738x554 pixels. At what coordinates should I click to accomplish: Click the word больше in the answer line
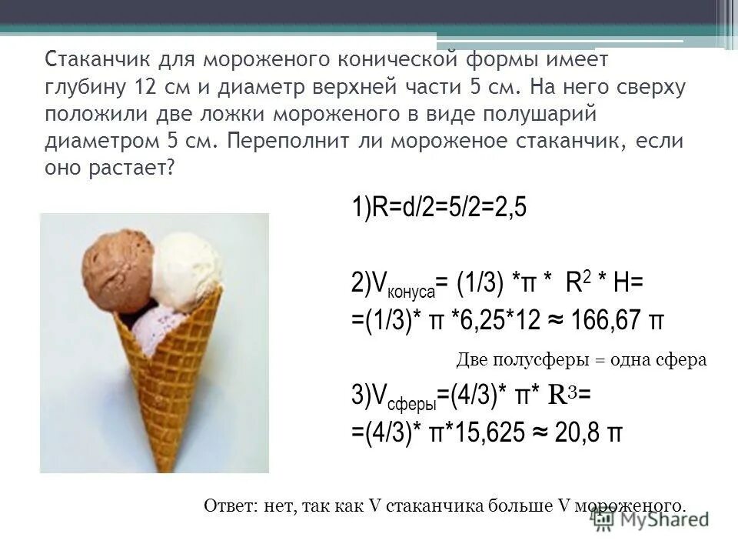496,505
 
